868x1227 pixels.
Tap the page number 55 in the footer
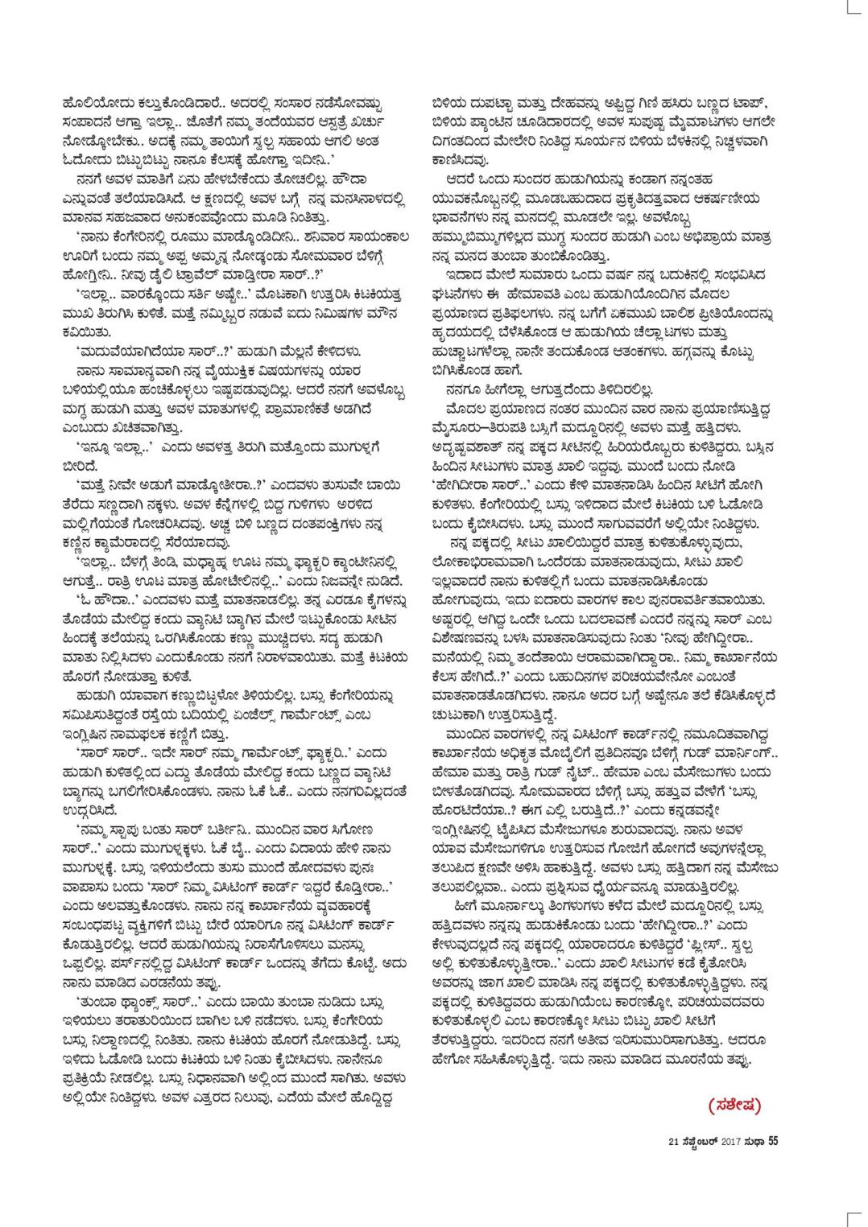[773, 1138]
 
